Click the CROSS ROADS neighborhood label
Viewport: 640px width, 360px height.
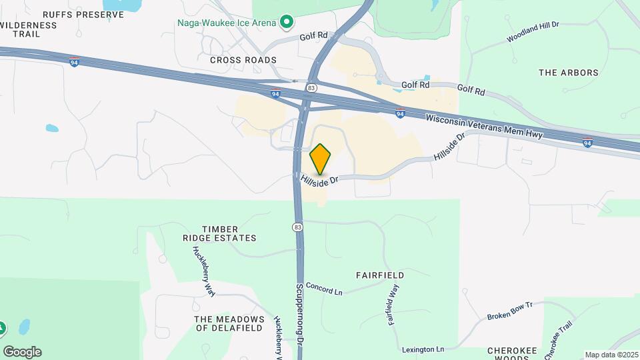243,60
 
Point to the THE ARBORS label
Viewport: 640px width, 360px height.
568,73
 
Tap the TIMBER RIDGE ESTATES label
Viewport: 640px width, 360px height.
220,233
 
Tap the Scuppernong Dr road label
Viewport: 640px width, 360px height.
300,311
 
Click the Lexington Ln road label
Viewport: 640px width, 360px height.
423,349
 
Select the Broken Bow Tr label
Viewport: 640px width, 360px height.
510,310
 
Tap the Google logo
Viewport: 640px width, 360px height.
22,352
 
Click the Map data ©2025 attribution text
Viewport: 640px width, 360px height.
611,355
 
